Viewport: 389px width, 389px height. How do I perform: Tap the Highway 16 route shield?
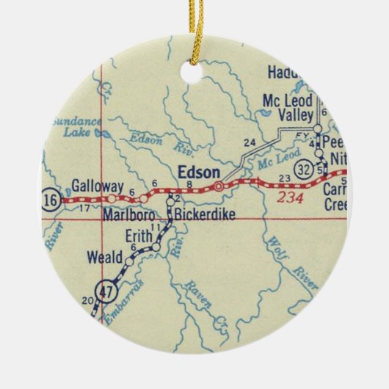(x=50, y=199)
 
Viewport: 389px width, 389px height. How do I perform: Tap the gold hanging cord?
(x=197, y=29)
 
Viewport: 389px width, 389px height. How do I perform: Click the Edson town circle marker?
(x=218, y=186)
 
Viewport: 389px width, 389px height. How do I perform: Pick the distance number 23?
(x=286, y=178)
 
